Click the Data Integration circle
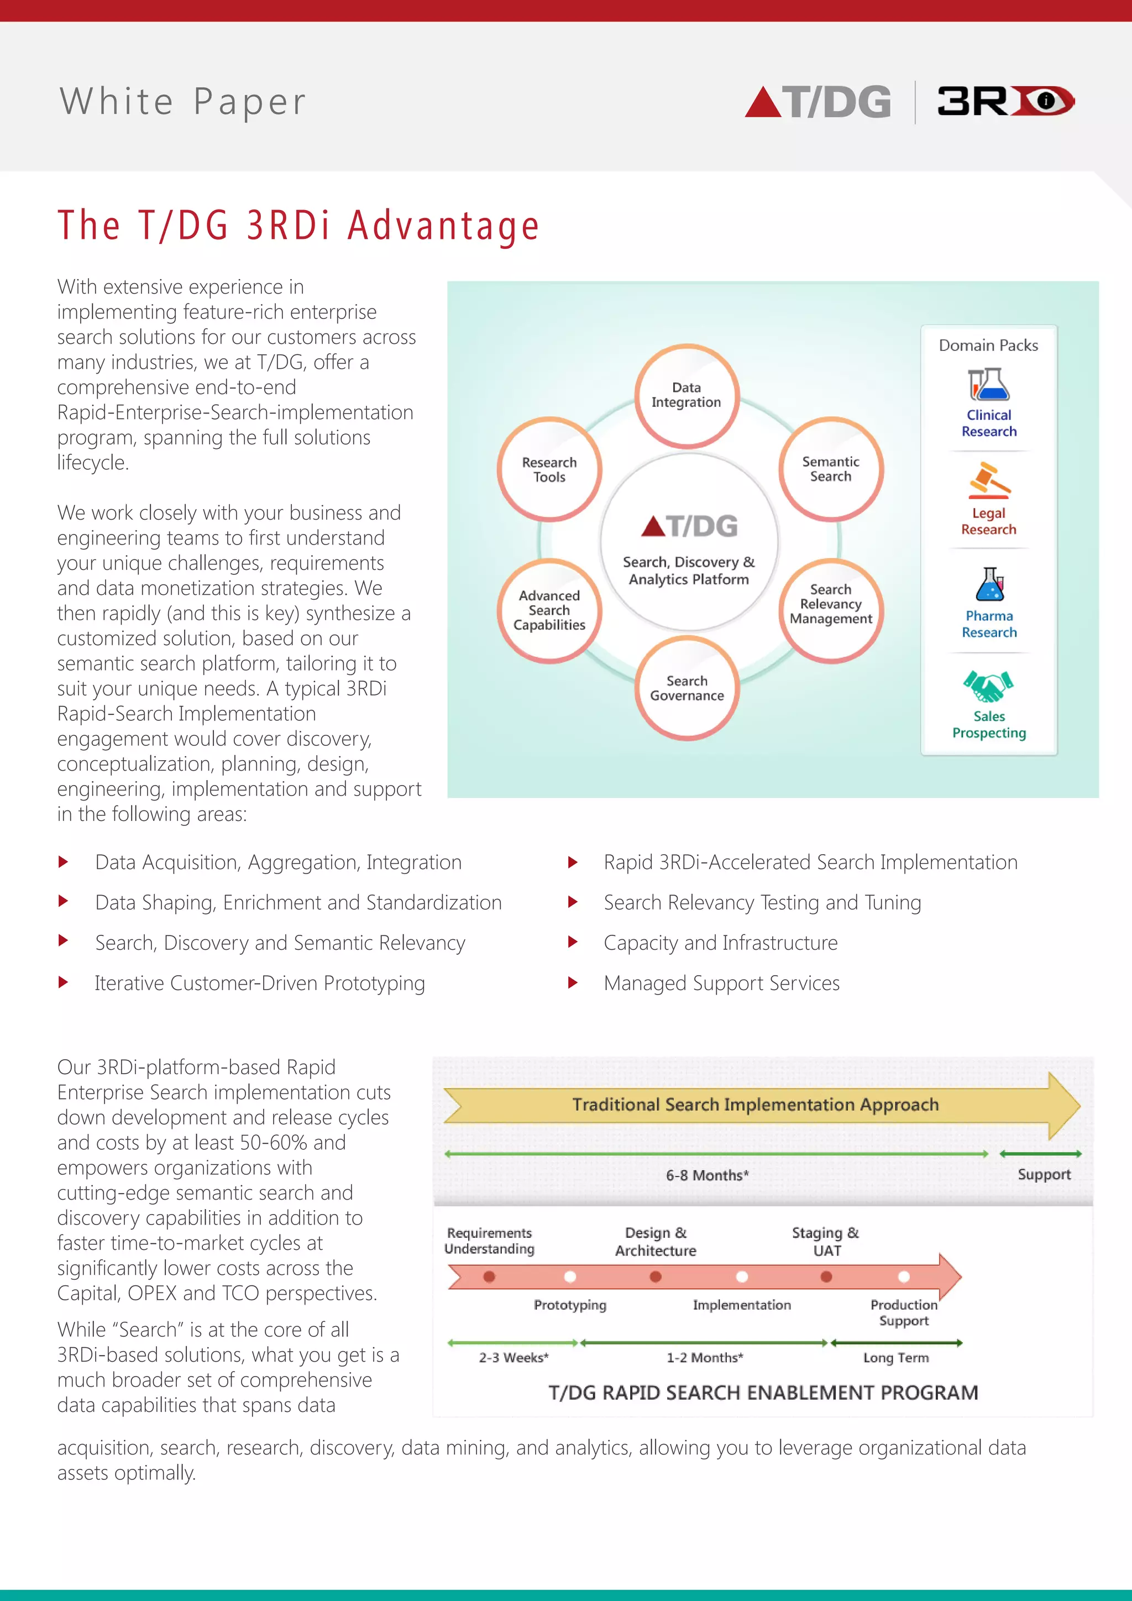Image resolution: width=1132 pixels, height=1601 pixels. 686,395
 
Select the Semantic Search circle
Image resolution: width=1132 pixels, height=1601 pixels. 831,469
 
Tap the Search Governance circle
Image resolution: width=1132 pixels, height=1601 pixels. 687,688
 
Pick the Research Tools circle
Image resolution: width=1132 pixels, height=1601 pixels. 549,470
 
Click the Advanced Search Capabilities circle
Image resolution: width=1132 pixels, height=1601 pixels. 549,610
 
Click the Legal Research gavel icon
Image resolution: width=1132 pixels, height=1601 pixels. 988,480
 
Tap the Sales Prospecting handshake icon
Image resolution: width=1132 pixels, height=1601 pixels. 988,686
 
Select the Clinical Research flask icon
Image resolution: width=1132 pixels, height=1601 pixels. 988,384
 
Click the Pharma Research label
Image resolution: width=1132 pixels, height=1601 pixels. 989,624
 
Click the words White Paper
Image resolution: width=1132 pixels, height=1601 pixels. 182,101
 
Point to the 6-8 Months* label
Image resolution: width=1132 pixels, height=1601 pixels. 707,1175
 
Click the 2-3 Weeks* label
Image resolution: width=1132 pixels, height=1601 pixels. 513,1358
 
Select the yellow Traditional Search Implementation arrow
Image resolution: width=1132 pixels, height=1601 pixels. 756,1105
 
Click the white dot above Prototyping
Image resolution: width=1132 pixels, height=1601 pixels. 570,1276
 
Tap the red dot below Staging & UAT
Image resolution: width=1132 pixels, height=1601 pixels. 826,1276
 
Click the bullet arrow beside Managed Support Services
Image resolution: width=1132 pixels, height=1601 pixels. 573,982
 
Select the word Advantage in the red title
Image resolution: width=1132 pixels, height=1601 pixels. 444,226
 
